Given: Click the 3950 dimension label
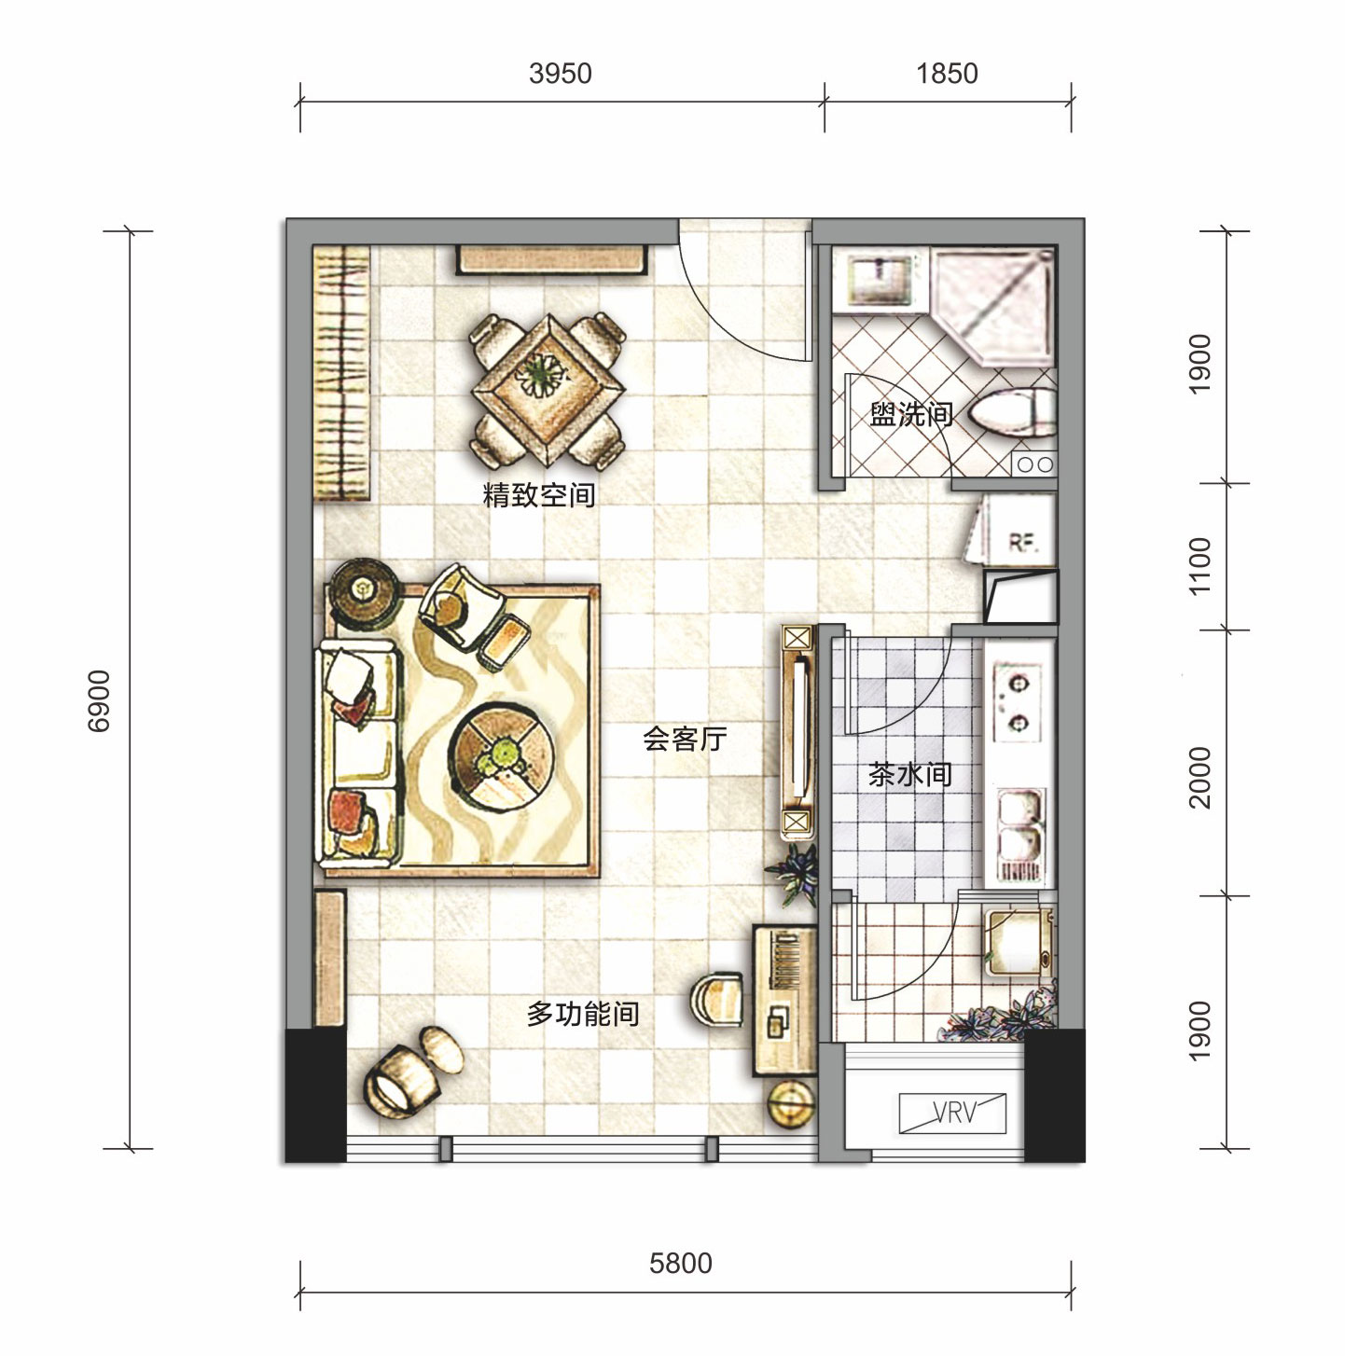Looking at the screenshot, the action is [x=561, y=73].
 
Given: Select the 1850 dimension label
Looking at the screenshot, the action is [x=947, y=73].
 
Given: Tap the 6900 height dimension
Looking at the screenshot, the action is [x=99, y=701].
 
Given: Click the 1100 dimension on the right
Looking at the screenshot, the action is [x=1199, y=566].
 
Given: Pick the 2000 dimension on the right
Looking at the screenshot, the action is [x=1199, y=778].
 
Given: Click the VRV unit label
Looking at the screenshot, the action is [x=954, y=1112].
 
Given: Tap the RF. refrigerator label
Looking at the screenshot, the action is [x=1022, y=542].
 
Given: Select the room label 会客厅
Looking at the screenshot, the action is [x=684, y=739].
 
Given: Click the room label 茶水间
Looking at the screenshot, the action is [x=910, y=774].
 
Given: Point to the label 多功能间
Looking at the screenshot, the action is [x=583, y=1014].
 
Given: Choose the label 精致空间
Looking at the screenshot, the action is [x=539, y=494].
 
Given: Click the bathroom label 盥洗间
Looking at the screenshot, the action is [x=911, y=414].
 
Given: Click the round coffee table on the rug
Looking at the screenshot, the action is [x=501, y=760].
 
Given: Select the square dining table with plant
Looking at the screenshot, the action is [x=548, y=390].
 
